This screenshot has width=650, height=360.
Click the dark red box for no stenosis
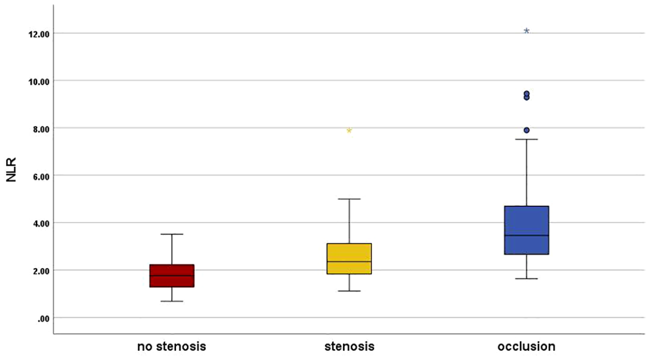pos(172,276)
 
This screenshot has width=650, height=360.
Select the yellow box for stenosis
pos(349,259)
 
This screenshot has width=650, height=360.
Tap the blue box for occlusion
pos(527,230)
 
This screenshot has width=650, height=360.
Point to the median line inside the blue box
pos(527,236)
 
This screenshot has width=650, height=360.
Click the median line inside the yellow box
pos(349,261)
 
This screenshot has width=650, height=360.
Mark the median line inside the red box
pos(172,275)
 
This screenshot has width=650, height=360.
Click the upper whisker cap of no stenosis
pos(172,234)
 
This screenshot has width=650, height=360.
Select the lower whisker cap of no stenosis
pos(172,301)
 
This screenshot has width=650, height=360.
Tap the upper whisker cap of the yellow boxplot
pos(349,199)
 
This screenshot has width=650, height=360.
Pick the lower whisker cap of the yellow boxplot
pos(349,291)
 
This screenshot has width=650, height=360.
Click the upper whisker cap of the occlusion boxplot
pos(527,139)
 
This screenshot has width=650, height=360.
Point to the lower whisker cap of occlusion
pos(527,279)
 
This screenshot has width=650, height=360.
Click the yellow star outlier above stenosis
pos(349,130)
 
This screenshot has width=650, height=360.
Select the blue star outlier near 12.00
pos(527,31)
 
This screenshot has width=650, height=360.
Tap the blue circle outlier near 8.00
pos(527,130)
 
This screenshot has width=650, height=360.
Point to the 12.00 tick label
pos(39,34)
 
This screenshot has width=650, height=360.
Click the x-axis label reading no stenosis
pos(172,347)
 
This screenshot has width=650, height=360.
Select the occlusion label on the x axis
pos(527,347)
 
